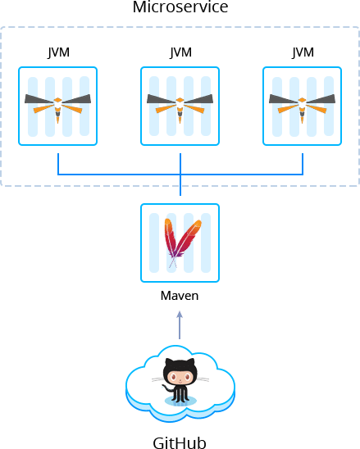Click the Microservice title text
pyautogui.click(x=180, y=7)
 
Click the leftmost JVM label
pyautogui.click(x=58, y=52)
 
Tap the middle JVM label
pyautogui.click(x=180, y=52)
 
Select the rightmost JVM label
pyautogui.click(x=303, y=52)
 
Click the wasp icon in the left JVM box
pyautogui.click(x=58, y=108)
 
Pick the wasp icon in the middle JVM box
pyautogui.click(x=180, y=108)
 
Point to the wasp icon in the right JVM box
pyautogui.click(x=302, y=108)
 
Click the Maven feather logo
pyautogui.click(x=182, y=243)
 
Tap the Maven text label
pyautogui.click(x=180, y=296)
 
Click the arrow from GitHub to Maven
pyautogui.click(x=180, y=325)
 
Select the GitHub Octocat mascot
pyautogui.click(x=180, y=382)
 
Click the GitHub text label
pyautogui.click(x=180, y=442)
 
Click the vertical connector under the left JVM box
pyautogui.click(x=58, y=164)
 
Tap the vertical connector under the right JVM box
pyautogui.click(x=303, y=164)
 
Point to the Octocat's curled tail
pyautogui.click(x=167, y=388)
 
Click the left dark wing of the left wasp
pyautogui.click(x=39, y=99)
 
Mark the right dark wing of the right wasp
pyautogui.click(x=321, y=99)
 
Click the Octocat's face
pyautogui.click(x=180, y=377)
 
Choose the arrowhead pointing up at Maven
pyautogui.click(x=180, y=315)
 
